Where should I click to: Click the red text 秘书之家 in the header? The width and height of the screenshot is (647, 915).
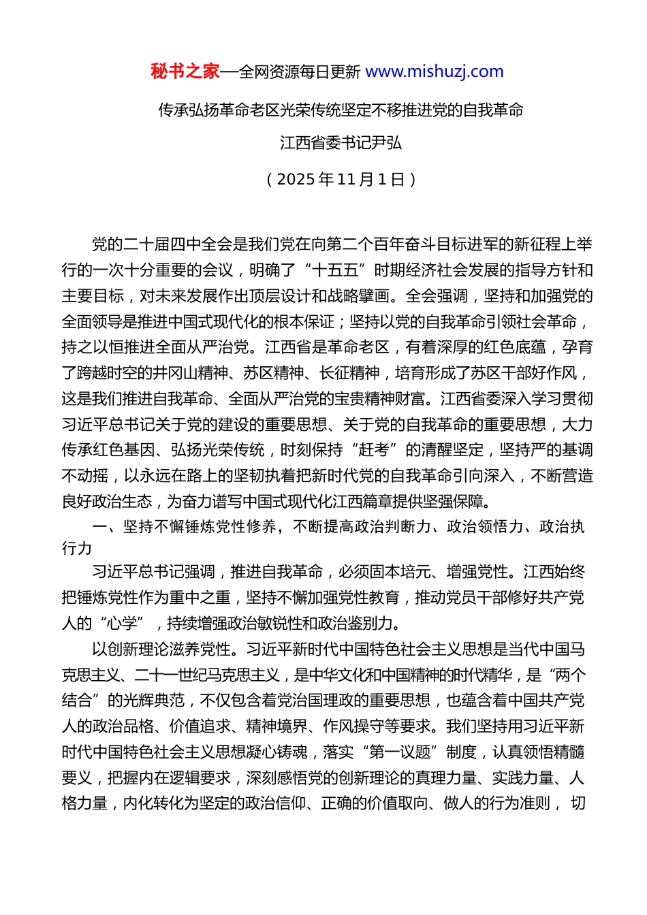pos(185,71)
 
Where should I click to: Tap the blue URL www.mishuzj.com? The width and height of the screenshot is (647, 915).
pos(435,71)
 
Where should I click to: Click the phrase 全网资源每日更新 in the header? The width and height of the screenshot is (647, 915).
pos(299,71)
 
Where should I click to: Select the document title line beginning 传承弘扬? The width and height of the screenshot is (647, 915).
pos(341,110)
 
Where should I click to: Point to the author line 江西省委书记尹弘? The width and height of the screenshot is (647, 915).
pos(341,143)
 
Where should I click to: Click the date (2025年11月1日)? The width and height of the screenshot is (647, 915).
pos(341,179)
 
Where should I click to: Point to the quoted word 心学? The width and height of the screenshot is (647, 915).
pos(123,623)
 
